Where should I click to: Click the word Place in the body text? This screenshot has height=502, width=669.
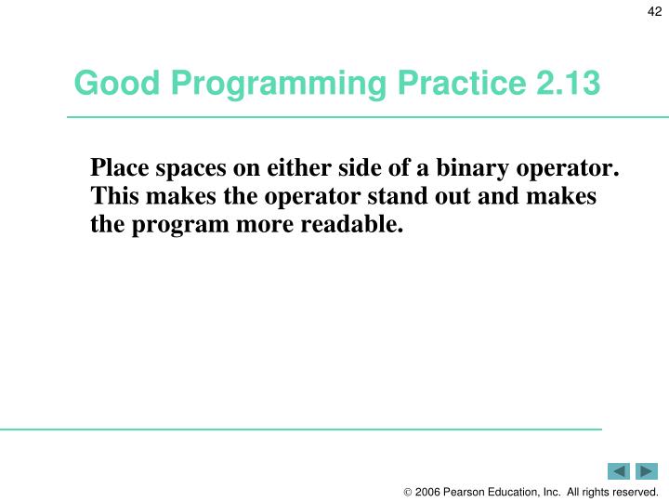click(118, 170)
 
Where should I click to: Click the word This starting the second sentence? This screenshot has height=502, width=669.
click(112, 198)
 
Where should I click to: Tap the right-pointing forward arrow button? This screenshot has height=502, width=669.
click(647, 471)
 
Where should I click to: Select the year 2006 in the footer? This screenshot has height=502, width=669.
click(427, 492)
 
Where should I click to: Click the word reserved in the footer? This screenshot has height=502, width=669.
click(634, 492)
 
